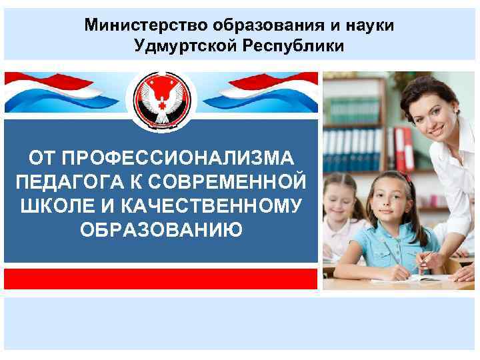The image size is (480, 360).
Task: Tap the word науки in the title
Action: click(369, 25)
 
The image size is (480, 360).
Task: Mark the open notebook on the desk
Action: click(400, 279)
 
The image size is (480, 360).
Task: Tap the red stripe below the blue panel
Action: click(161, 278)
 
